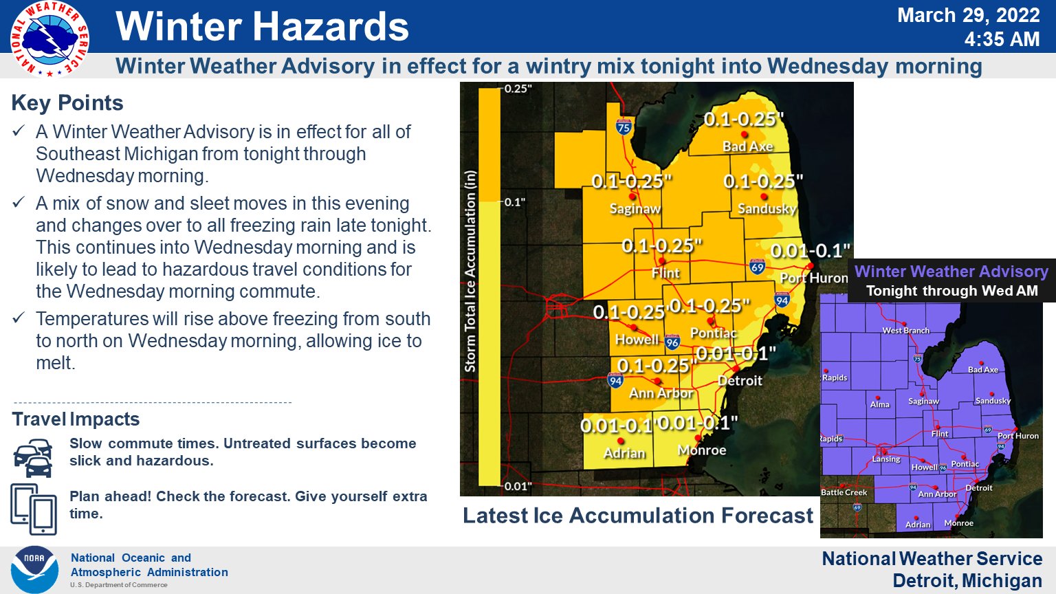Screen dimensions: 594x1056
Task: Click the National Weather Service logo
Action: click(x=49, y=39)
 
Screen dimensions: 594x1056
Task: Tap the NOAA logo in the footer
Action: click(x=34, y=569)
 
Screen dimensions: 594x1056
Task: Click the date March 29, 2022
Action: click(x=968, y=15)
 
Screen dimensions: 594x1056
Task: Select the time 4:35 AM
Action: click(x=1002, y=39)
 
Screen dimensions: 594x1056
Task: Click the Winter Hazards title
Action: click(x=262, y=27)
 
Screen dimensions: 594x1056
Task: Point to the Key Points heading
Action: click(x=67, y=103)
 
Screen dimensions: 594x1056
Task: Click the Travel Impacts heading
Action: click(x=76, y=419)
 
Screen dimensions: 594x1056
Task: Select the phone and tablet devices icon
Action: click(x=34, y=509)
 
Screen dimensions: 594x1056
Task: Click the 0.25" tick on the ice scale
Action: click(x=517, y=89)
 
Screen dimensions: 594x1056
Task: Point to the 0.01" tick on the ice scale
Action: click(x=517, y=486)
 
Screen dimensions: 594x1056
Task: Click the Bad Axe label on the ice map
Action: click(x=747, y=146)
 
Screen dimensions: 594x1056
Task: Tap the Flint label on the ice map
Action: click(x=665, y=273)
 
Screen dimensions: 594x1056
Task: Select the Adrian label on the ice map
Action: click(x=624, y=453)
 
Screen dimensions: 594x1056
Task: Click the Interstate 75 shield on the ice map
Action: click(x=624, y=126)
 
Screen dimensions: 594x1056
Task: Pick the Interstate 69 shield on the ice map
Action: click(x=757, y=267)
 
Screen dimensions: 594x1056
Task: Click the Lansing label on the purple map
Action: click(x=885, y=459)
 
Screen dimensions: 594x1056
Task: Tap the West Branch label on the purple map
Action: click(x=905, y=331)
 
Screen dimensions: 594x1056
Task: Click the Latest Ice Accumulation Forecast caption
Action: click(x=637, y=516)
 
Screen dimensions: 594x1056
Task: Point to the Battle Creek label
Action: click(x=844, y=492)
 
